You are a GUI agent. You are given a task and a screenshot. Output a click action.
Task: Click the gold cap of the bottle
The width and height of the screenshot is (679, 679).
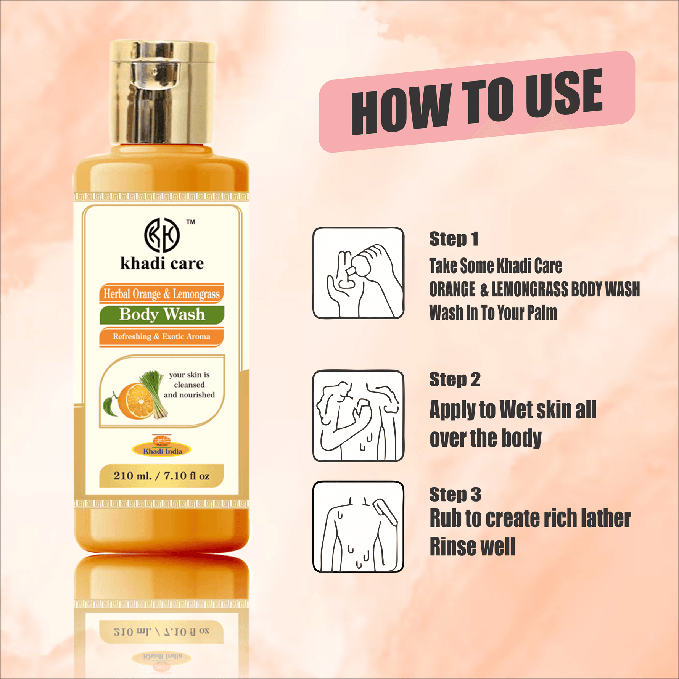coord(162,92)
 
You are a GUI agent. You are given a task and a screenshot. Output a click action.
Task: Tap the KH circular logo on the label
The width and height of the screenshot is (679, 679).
coord(162,235)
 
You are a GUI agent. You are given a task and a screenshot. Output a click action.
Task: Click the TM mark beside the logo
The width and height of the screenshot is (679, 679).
coord(191,222)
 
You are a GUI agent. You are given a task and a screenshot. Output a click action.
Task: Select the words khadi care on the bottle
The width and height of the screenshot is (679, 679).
coord(162,264)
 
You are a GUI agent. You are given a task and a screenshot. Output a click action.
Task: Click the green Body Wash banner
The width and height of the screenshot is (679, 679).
coord(162,315)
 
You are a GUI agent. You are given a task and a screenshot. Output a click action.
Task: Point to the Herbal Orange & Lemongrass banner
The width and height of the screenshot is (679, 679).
coord(162,294)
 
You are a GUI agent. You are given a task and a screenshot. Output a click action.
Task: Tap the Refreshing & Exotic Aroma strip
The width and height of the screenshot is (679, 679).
coord(161,336)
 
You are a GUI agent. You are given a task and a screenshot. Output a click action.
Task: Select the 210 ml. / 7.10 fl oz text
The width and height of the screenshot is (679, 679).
coord(161,476)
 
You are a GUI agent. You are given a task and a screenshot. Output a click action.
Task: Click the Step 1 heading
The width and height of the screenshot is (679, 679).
coord(453,239)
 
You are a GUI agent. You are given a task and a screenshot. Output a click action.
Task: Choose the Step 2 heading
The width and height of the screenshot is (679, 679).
coord(455,380)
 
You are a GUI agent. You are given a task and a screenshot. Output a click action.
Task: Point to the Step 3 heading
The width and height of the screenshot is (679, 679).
coord(455,494)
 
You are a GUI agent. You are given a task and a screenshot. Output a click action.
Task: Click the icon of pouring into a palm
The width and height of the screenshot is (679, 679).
coord(358,273)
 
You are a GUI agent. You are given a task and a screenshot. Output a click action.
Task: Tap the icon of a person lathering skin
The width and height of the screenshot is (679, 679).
coord(358,416)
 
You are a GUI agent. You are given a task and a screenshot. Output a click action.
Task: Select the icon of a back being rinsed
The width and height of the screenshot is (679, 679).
coord(358,526)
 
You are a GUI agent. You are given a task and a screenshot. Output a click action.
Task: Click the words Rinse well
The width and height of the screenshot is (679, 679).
coord(472,547)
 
